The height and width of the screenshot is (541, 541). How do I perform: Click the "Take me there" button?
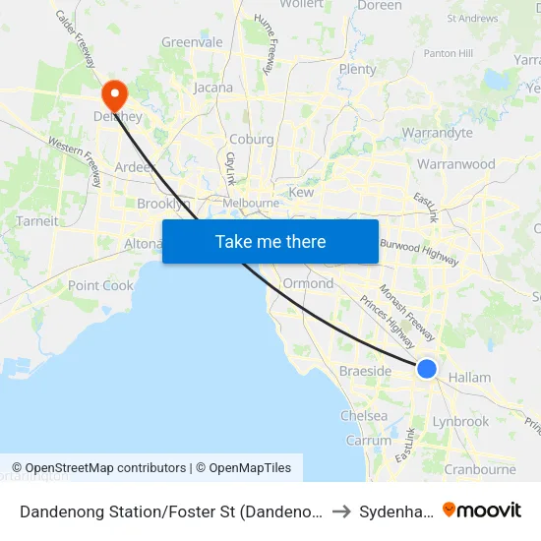[270, 241]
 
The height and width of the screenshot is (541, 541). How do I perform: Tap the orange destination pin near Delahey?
[115, 94]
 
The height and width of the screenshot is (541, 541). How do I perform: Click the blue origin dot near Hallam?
[427, 368]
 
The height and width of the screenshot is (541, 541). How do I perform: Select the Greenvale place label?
[192, 42]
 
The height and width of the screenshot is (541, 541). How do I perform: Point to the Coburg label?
[252, 140]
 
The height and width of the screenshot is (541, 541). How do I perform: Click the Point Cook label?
[100, 285]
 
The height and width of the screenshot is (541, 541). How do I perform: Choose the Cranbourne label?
[480, 469]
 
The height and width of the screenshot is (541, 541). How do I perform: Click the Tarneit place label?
[37, 221]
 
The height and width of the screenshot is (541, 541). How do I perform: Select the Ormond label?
[308, 283]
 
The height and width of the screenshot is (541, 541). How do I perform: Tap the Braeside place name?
[365, 371]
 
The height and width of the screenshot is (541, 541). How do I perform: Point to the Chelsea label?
[363, 415]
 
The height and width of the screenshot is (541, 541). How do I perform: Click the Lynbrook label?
[460, 421]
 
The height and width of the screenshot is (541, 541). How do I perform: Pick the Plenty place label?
[357, 69]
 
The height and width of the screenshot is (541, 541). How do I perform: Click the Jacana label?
[213, 88]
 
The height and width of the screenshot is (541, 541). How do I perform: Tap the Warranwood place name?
[456, 163]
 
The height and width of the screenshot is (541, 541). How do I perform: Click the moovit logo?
[481, 510]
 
